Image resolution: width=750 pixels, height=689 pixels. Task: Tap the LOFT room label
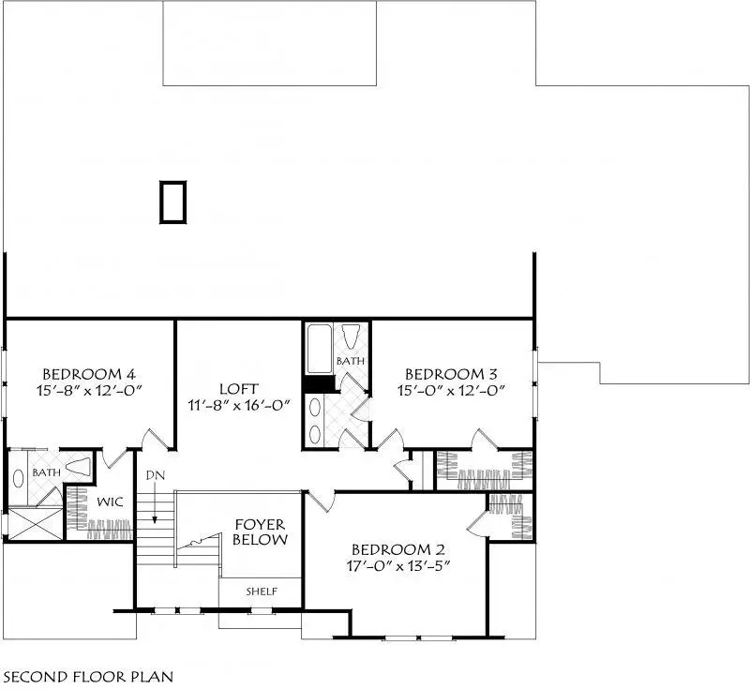point(238,388)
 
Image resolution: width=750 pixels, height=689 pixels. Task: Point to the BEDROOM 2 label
point(406,550)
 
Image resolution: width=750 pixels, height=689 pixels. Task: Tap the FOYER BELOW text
point(260,532)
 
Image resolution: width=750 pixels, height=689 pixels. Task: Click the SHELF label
point(261,592)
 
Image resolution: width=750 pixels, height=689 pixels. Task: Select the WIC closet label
point(111,502)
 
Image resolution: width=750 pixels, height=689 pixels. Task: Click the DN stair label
point(155,476)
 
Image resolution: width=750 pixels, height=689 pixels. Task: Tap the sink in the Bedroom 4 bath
point(20,475)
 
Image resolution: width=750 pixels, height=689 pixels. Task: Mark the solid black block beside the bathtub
point(320,384)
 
